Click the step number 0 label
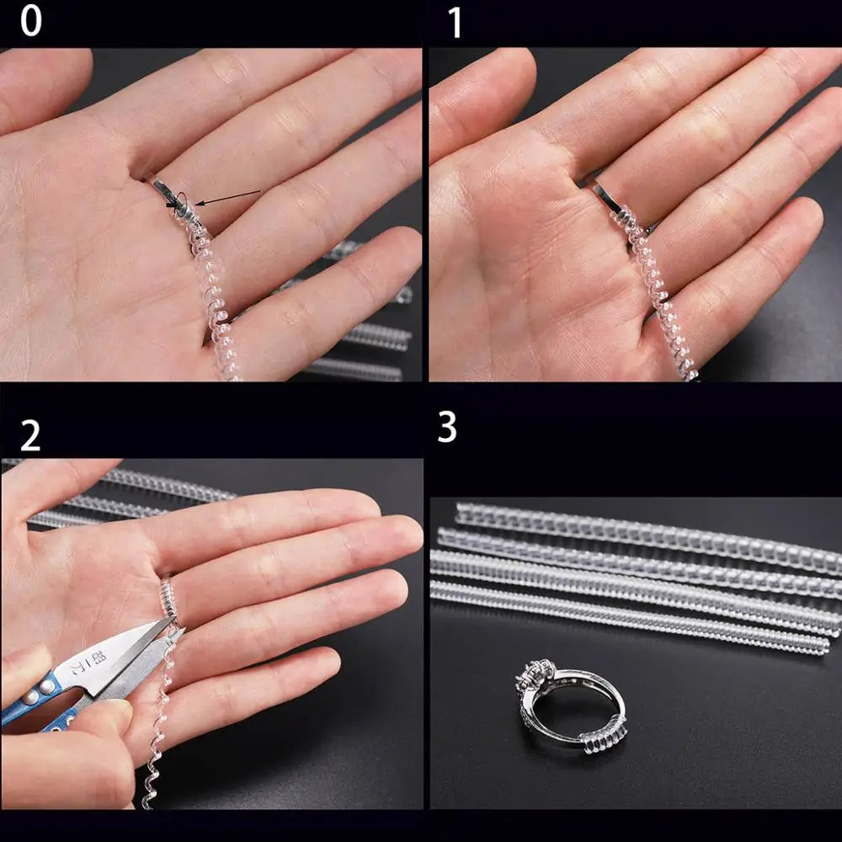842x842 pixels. (x=30, y=21)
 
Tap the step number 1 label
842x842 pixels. (x=455, y=24)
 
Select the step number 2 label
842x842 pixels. (x=30, y=436)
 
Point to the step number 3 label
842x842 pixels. (x=447, y=428)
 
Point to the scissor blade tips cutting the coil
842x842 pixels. (x=173, y=630)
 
